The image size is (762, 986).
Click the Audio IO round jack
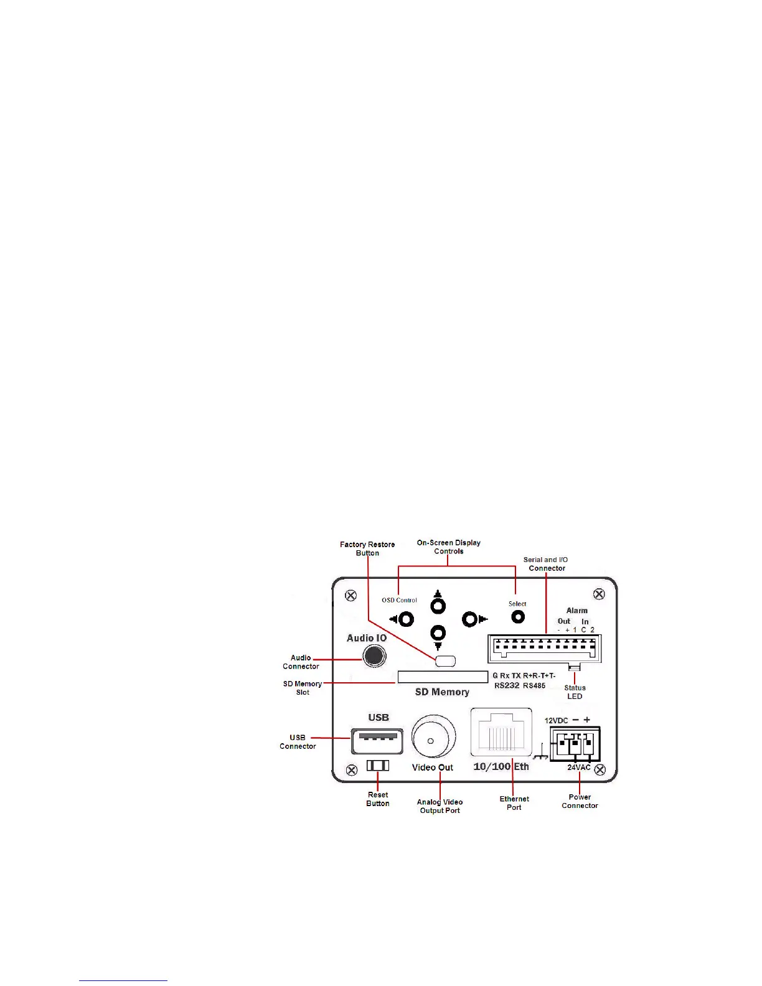click(x=374, y=655)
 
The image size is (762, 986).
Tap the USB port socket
click(x=377, y=741)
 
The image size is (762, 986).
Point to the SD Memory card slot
click(x=443, y=677)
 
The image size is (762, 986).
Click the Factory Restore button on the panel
click(x=445, y=661)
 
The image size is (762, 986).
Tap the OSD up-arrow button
click(x=438, y=606)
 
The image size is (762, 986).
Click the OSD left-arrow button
click(x=406, y=619)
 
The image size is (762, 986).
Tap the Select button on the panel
click(x=517, y=617)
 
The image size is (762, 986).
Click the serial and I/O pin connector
click(x=544, y=647)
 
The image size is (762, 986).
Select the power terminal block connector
click(x=575, y=744)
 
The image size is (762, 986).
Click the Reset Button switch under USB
click(x=377, y=765)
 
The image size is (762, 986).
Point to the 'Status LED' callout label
click(x=575, y=692)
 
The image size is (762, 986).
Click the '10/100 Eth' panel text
click(x=501, y=767)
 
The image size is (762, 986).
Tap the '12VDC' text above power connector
click(x=556, y=721)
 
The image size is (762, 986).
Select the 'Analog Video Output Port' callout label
click(x=440, y=806)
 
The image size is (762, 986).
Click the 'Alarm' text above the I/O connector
click(x=576, y=611)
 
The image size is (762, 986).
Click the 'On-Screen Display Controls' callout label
click(x=448, y=547)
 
